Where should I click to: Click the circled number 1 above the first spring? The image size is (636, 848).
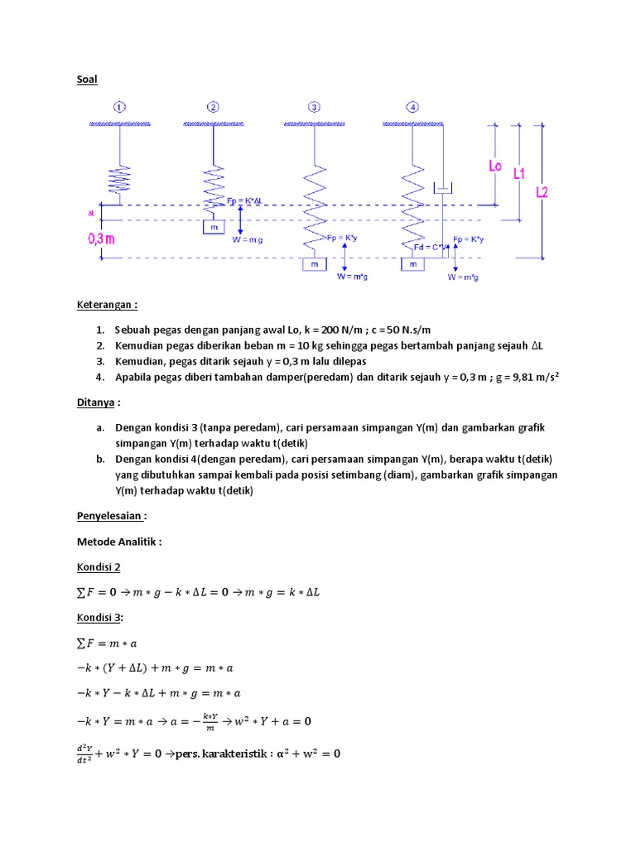pyautogui.click(x=120, y=107)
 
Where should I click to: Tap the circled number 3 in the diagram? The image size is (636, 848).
pyautogui.click(x=314, y=107)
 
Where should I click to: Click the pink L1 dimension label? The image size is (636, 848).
pyautogui.click(x=520, y=174)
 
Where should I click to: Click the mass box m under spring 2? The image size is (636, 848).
pyautogui.click(x=214, y=227)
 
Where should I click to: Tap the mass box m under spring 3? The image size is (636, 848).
pyautogui.click(x=314, y=264)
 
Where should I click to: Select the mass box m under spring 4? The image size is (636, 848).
pyautogui.click(x=412, y=264)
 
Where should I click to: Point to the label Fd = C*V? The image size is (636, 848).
pyautogui.click(x=430, y=247)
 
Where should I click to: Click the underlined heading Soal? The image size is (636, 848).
pyautogui.click(x=87, y=79)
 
